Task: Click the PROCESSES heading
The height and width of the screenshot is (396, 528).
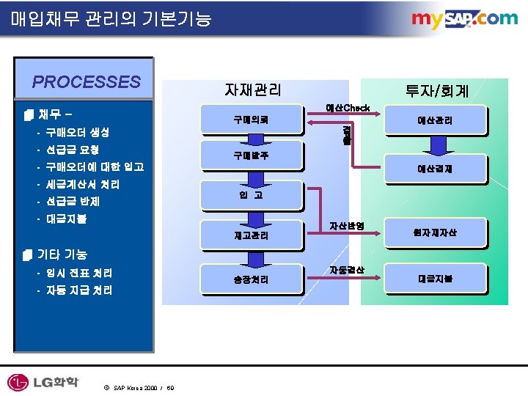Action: pos(86,81)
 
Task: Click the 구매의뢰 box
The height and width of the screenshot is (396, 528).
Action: pos(251,120)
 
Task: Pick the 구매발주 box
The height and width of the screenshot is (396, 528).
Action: pos(251,155)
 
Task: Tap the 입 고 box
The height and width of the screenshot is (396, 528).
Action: pos(251,195)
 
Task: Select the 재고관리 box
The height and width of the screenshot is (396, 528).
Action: pos(251,236)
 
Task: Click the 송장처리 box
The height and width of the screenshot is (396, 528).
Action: pos(251,279)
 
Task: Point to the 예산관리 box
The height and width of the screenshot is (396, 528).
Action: pos(435,120)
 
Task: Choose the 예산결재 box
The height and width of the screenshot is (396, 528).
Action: pos(435,168)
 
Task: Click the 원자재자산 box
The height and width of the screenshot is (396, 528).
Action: pos(435,233)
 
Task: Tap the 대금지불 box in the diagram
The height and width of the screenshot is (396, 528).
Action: pos(435,279)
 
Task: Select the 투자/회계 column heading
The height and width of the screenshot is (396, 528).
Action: pos(437,91)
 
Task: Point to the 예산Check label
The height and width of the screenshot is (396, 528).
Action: pos(348,108)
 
